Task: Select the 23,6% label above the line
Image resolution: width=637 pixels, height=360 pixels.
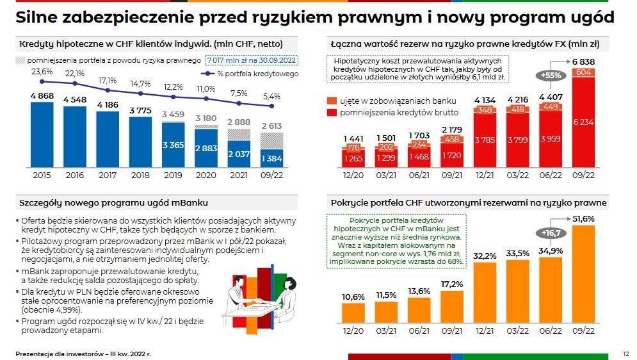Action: point(42,72)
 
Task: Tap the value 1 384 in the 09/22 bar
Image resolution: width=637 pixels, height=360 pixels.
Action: point(271,158)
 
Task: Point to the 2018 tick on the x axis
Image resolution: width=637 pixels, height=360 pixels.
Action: point(140,174)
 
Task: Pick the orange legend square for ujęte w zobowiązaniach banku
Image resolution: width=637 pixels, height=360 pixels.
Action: point(331,101)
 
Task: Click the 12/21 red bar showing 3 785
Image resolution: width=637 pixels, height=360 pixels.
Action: point(485,140)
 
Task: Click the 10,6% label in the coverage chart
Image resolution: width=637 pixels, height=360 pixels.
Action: point(354,297)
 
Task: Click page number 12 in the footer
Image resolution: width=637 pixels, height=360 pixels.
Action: point(625,353)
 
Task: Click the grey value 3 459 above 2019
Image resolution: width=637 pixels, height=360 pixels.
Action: point(173,115)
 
